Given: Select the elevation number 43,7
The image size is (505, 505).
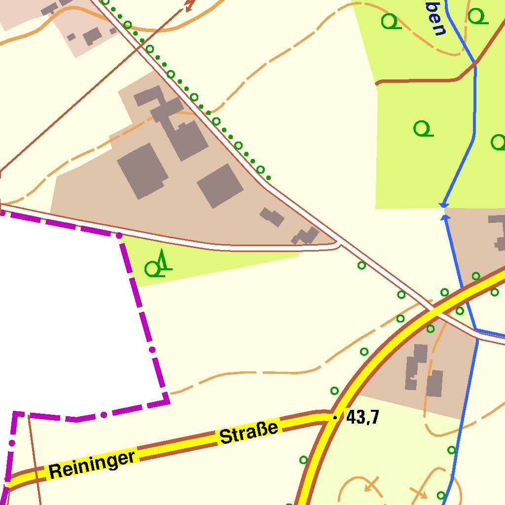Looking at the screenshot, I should point(362,418).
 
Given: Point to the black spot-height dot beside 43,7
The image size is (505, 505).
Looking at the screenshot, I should point(335,418).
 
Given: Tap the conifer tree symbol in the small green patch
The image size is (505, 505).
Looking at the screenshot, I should point(162,260).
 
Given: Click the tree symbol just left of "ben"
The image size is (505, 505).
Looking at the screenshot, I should point(390,21).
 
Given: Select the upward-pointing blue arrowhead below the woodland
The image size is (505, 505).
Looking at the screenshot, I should point(445,217).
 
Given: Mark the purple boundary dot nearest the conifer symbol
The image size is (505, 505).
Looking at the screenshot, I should point(119,236).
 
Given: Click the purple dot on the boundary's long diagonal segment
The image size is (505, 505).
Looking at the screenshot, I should point(152,350).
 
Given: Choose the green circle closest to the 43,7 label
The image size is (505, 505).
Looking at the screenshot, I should point(334,391).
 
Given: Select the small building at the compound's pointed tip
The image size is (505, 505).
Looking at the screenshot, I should point(306,236).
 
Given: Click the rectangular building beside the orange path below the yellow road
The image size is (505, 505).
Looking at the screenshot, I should point(434,384).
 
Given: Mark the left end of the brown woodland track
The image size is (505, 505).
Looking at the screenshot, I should point(377,83).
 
